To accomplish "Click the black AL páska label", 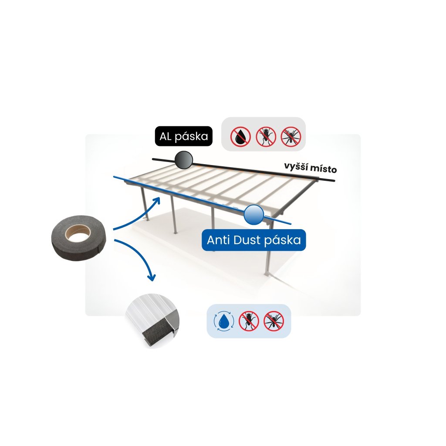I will point(183,137).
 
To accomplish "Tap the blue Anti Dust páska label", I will point(253,240).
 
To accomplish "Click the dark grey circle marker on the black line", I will point(183,160).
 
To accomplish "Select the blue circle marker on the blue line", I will point(253,215).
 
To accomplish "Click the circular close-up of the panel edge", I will point(153,321).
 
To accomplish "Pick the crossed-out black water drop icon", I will point(240,136).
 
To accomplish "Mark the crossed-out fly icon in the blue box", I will point(249,321).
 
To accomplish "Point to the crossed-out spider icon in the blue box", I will point(274,321).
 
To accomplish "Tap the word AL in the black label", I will point(166,137).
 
